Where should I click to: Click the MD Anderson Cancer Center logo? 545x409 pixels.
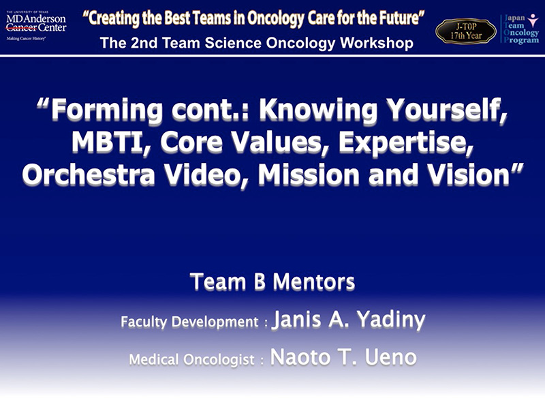tap(36, 26)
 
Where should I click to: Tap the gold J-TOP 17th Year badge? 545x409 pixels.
tap(466, 31)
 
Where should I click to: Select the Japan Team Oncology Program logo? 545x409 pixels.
tap(520, 29)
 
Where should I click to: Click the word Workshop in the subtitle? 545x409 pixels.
tap(377, 43)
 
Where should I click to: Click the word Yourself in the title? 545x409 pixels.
tap(446, 109)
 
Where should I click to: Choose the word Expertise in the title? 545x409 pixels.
tap(406, 143)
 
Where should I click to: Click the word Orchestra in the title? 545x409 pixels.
tap(89, 175)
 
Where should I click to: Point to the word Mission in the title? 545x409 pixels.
tap(309, 175)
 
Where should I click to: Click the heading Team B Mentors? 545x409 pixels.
tap(272, 282)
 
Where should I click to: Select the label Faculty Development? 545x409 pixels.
tap(190, 322)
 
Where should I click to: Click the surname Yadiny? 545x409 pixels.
tap(391, 320)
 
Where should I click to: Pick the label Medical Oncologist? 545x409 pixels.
tap(192, 360)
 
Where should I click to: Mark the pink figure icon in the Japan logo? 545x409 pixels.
tap(533, 20)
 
